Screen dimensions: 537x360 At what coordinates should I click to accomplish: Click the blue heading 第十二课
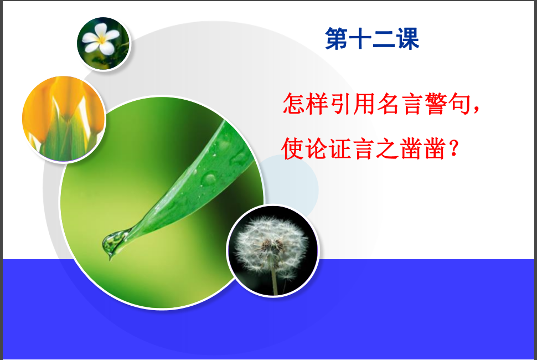(372, 39)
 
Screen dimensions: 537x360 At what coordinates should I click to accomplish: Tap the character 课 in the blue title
(408, 39)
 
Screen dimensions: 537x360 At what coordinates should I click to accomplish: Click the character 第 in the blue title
(336, 39)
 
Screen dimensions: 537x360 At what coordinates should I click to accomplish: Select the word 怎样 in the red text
(306, 104)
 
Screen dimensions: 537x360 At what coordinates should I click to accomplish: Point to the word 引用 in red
(353, 104)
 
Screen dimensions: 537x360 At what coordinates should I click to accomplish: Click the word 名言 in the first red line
(399, 104)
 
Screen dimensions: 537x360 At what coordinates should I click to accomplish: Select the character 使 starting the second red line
(293, 148)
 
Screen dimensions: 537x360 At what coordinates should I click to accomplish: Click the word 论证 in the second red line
(329, 148)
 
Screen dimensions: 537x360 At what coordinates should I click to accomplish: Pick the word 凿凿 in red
(423, 148)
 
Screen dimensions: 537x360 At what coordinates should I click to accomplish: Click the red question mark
(453, 148)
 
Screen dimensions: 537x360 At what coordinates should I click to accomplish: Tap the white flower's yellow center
(102, 40)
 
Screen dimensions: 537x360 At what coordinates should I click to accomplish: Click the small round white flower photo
(104, 44)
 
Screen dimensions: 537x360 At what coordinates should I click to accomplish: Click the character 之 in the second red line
(388, 148)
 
